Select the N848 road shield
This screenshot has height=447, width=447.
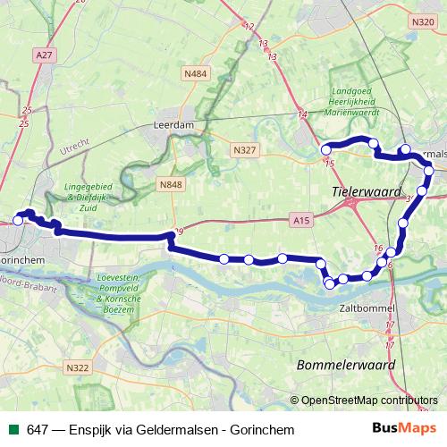pyautogui.click(x=170, y=185)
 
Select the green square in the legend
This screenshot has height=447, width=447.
pyautogui.click(x=13, y=429)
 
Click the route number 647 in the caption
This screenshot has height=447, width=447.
pyautogui.click(x=37, y=429)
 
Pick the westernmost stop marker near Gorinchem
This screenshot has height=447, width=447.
pyautogui.click(x=18, y=220)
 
